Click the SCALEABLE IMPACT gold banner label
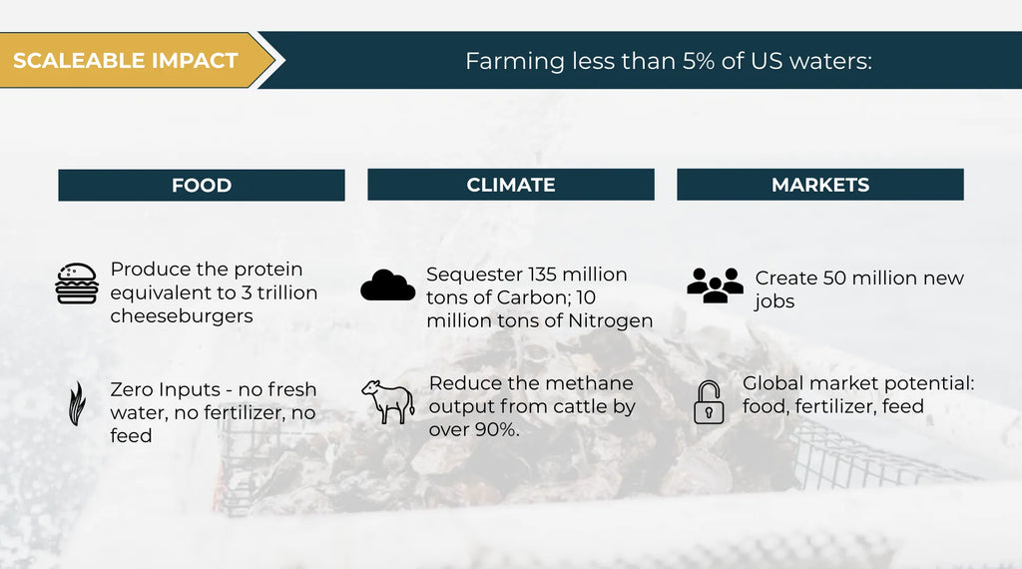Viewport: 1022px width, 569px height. (x=125, y=61)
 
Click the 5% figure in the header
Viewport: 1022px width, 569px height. (x=699, y=61)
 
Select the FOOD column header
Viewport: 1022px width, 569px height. (x=202, y=185)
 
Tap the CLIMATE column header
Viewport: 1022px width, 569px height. (x=511, y=185)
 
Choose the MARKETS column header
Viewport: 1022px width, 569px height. (x=820, y=185)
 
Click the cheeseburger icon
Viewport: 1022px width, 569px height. (x=77, y=284)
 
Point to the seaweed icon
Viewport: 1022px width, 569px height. (x=77, y=403)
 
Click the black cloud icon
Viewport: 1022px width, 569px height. (x=388, y=284)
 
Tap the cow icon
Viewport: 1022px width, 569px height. (x=388, y=402)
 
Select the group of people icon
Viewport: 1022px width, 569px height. (x=715, y=285)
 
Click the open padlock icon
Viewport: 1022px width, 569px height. (x=709, y=403)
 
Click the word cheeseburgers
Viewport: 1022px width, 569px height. (x=182, y=315)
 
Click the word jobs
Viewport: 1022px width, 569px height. (x=774, y=301)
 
